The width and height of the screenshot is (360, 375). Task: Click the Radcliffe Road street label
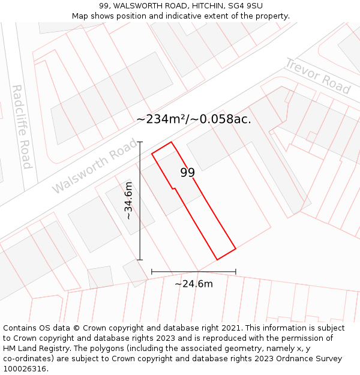pyautogui.click(x=22, y=127)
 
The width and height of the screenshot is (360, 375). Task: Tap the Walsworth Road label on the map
pyautogui.click(x=94, y=166)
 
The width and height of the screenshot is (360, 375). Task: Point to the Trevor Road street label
pyautogui.click(x=317, y=76)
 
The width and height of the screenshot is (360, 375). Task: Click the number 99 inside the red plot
pyautogui.click(x=187, y=173)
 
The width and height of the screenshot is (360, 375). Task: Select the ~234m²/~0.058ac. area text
pyautogui.click(x=194, y=119)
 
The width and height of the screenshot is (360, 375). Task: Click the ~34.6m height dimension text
pyautogui.click(x=129, y=200)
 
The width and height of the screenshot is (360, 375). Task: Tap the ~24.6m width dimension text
pyautogui.click(x=193, y=284)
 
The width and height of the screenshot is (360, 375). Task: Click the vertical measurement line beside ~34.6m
pyautogui.click(x=140, y=228)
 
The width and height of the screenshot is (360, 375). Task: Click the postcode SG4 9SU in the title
pyautogui.click(x=246, y=6)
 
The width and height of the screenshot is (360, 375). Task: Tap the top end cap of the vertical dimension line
pyautogui.click(x=140, y=142)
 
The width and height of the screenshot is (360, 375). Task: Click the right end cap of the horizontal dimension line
pyautogui.click(x=236, y=272)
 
